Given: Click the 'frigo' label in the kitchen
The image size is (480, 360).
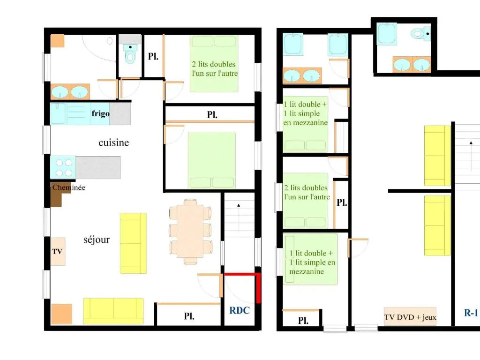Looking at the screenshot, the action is tap(100, 113).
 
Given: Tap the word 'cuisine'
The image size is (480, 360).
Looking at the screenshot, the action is tap(113, 142).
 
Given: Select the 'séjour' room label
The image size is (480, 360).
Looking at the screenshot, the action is tap(97, 240).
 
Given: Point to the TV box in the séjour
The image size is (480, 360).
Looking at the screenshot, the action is tap(58, 251).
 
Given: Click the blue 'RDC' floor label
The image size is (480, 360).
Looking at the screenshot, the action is tap(240, 310).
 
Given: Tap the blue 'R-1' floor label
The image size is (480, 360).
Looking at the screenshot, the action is tap(471, 313).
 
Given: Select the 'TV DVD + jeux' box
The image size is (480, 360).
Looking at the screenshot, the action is tap(410, 316).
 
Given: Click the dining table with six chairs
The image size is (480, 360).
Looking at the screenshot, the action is tap(190, 232).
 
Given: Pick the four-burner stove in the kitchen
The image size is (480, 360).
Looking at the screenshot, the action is tap(63, 167).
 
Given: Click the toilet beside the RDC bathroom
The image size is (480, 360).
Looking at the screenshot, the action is tap(130, 53).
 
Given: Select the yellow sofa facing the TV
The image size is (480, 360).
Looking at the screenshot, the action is tap(133, 243).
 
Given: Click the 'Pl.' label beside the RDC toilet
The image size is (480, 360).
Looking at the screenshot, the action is tap(153, 56).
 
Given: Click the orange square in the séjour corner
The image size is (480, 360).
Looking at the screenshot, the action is tap(61, 314).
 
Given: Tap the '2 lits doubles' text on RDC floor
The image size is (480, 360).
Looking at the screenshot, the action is tap(214, 64).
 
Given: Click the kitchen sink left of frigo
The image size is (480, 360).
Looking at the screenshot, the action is tap(58, 113).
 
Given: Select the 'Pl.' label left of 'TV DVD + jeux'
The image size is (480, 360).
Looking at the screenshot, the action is tap(303, 321).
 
